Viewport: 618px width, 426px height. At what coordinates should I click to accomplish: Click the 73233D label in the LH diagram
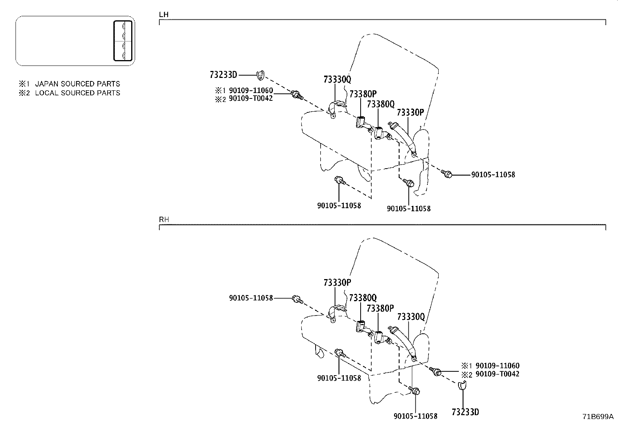point(223,74)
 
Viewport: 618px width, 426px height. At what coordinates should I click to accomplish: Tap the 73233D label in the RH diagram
point(465,412)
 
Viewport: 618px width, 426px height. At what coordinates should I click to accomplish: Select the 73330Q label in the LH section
point(337,79)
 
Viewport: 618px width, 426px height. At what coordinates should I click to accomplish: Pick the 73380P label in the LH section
point(363,94)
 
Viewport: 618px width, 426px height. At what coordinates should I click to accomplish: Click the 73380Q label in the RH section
point(363,298)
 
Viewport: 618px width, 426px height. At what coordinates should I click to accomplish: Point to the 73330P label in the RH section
point(337,283)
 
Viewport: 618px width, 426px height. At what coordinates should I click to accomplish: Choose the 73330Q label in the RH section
point(411,317)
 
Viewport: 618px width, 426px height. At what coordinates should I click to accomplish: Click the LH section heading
point(164,15)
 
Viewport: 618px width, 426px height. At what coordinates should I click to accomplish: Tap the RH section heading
point(164,219)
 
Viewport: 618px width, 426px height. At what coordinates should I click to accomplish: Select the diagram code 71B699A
point(597,417)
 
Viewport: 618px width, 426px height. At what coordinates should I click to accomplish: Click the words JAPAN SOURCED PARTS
point(77,84)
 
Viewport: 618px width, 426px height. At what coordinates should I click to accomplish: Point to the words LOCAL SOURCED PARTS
point(77,93)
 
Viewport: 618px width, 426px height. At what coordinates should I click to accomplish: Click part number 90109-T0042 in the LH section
point(251,98)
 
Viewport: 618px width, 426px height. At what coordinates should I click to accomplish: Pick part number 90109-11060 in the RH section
point(497,366)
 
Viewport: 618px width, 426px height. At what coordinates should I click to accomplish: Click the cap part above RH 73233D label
point(462,385)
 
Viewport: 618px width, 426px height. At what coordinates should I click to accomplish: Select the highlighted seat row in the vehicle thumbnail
point(123,41)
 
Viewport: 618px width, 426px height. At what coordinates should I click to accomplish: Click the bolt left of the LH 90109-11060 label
point(297,94)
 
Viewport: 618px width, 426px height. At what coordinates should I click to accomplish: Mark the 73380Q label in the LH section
point(380,104)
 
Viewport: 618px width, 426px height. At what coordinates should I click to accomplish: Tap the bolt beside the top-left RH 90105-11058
point(297,299)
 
